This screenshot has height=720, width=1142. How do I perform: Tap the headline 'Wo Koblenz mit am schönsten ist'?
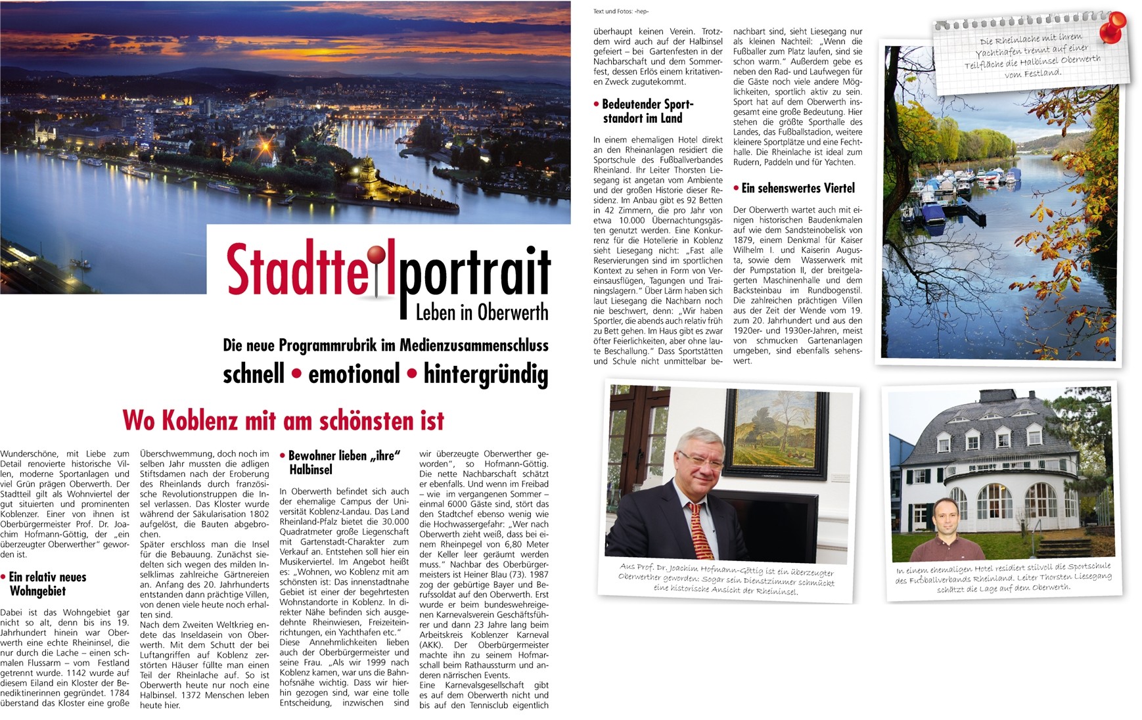point(283,421)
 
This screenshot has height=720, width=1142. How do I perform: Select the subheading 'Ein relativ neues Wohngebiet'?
point(46,584)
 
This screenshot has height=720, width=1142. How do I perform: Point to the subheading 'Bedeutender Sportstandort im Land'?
point(647,112)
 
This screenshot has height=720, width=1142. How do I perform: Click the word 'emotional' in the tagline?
point(354,374)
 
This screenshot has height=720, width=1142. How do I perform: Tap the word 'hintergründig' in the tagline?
point(486,374)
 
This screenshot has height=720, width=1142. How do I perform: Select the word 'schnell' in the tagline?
point(253,374)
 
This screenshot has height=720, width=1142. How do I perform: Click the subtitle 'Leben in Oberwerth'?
point(482,313)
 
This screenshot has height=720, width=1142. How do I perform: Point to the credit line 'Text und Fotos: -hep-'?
point(621,11)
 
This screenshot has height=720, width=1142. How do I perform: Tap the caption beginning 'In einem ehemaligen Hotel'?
point(1003,577)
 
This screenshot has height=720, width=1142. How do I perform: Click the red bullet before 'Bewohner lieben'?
point(283,455)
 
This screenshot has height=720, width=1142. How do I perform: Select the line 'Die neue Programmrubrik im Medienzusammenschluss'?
point(385,346)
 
